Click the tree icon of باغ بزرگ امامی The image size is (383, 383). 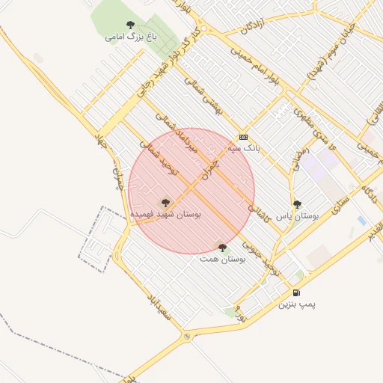point(131,25)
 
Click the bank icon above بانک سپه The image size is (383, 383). point(243,137)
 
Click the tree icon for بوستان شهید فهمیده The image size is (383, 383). point(165,202)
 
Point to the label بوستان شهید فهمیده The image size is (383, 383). point(166,214)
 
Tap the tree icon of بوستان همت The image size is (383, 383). point(222,247)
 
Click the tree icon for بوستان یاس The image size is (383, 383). point(297,203)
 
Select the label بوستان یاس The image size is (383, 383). point(297,215)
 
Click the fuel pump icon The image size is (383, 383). point(298,292)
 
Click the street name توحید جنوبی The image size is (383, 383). point(266,254)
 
